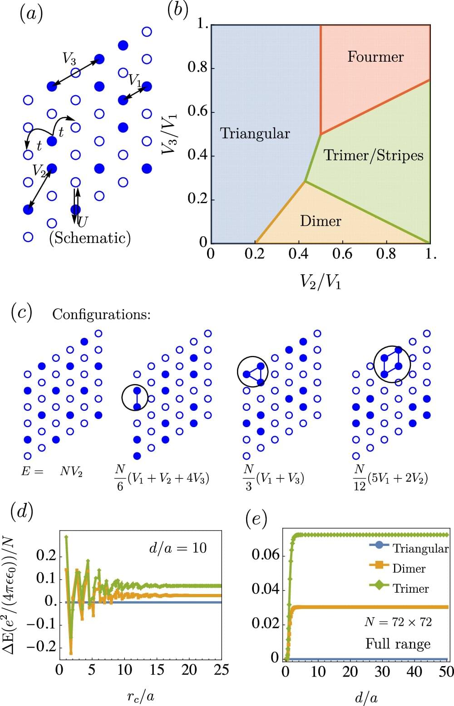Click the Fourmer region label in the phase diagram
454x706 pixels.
[x=375, y=57]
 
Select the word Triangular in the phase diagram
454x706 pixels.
[x=255, y=133]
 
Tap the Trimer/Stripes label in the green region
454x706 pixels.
[x=373, y=155]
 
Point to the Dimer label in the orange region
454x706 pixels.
[x=321, y=221]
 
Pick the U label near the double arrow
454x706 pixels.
[x=83, y=221]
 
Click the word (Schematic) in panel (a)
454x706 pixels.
[x=90, y=238]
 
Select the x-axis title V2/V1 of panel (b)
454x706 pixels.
[x=320, y=282]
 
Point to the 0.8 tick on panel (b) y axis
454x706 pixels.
[x=197, y=68]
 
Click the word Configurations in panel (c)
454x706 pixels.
[x=101, y=314]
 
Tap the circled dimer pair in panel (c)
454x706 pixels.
[x=135, y=398]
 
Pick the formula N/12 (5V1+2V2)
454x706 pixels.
[x=390, y=479]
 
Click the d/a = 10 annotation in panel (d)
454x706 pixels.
[x=178, y=548]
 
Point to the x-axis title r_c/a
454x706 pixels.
[x=140, y=696]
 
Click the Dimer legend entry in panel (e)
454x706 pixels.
[x=409, y=568]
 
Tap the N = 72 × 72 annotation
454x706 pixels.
[x=398, y=622]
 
